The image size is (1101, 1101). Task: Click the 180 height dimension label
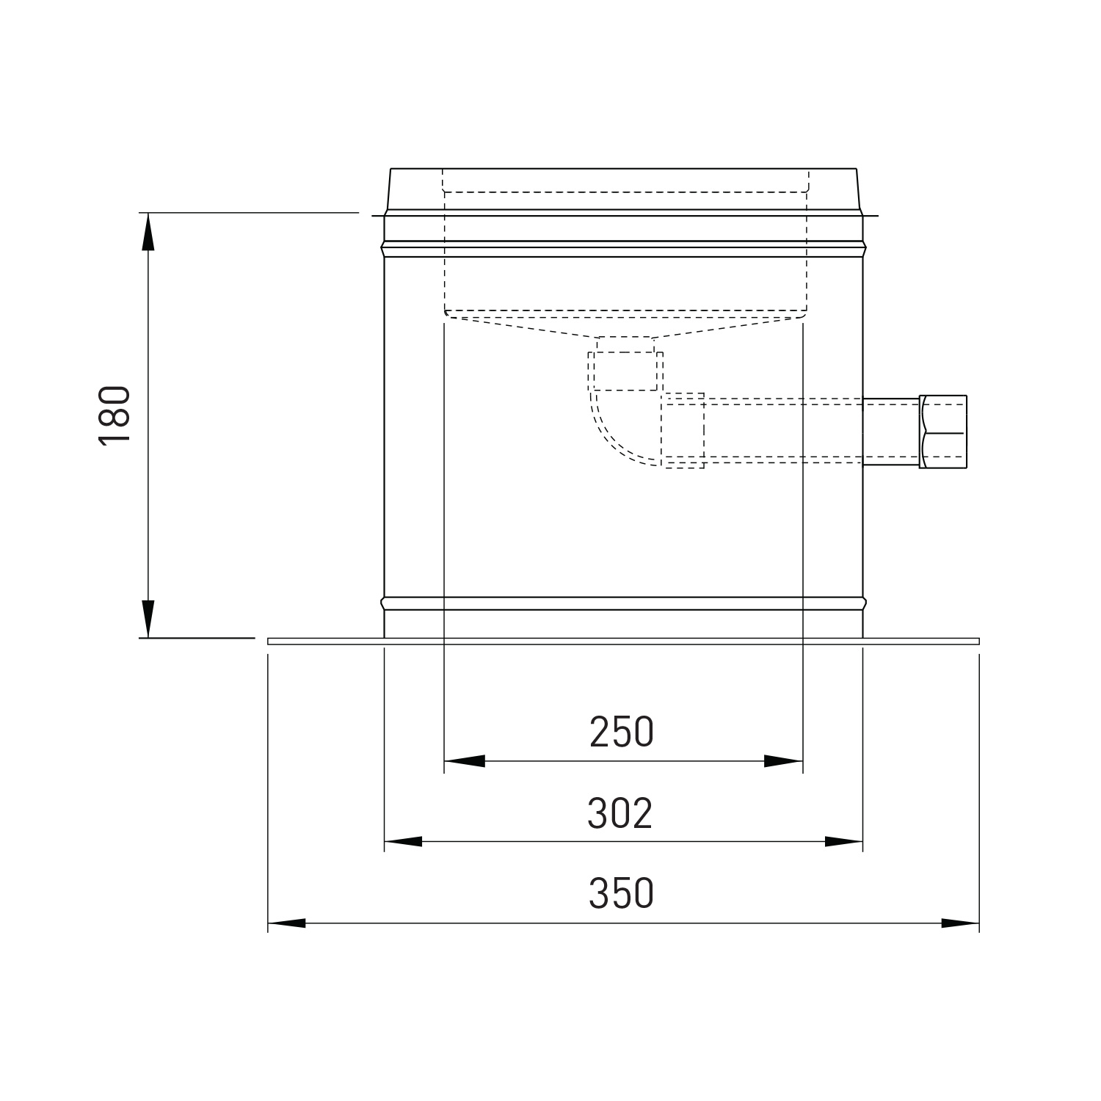pos(115,414)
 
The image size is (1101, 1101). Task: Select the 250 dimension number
pos(621,732)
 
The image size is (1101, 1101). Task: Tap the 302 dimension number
pos(620,813)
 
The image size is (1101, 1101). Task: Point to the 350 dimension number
pos(621,893)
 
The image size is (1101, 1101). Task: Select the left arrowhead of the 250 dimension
pos(464,761)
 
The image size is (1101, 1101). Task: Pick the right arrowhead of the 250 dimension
pos(783,761)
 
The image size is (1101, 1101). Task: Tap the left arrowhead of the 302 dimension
pos(404,841)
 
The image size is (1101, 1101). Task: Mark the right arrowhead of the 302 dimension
pos(843,841)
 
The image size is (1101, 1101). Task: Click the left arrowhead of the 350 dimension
pos(287,923)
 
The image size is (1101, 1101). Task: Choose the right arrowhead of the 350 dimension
pos(960,923)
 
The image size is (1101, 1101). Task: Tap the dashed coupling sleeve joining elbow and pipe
pos(684,430)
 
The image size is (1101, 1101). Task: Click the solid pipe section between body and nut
pos(890,432)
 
